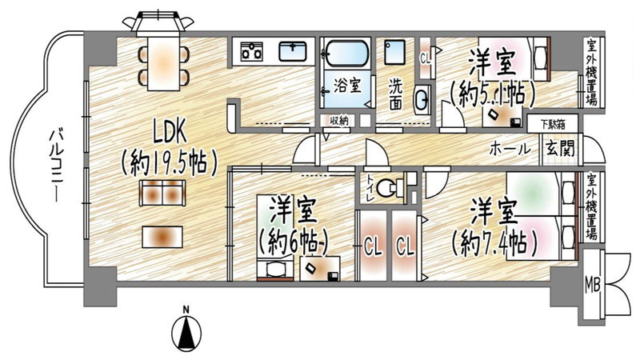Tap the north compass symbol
coord(186,328)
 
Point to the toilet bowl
coord(387,189)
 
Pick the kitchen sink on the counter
coord(294,53)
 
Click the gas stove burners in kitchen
coord(252,53)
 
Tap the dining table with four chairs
coord(163,62)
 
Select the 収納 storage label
coord(338,121)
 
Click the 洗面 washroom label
coord(395,92)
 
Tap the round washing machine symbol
coord(422,100)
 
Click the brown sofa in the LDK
coord(163,192)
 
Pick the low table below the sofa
coord(162,236)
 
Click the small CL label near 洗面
coord(425,58)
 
